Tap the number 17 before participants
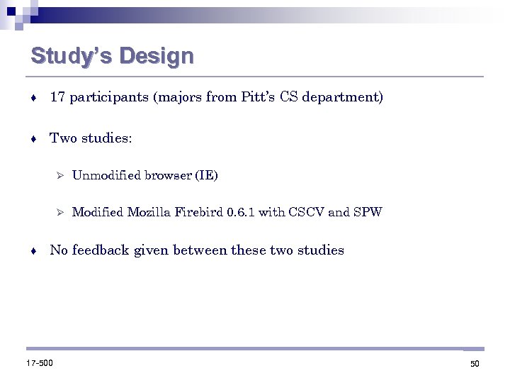coord(57,97)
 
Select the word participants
coord(107,98)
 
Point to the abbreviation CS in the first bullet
coord(289,97)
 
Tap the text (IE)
coord(206,176)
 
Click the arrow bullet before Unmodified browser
coord(60,176)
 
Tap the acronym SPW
coord(368,212)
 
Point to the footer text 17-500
coord(40,363)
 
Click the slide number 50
coord(475,364)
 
